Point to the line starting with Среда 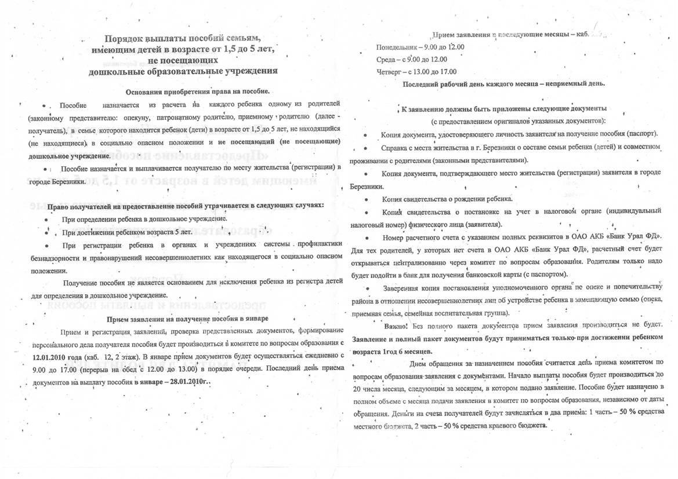click(411, 59)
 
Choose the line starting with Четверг click(416, 72)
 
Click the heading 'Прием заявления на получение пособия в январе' click(188, 319)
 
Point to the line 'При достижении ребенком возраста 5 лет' click(126, 232)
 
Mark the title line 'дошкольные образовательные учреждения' click(183, 71)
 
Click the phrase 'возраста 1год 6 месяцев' click(391, 352)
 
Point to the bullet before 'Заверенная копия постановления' click(367, 288)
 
